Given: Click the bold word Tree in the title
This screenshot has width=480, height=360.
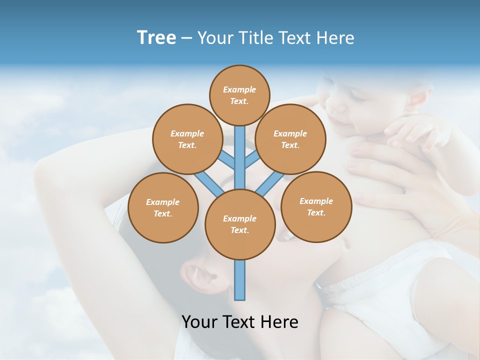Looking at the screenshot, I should point(156,38).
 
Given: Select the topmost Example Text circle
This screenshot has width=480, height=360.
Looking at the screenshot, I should point(239,95).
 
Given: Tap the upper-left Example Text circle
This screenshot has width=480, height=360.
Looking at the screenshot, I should point(187,139).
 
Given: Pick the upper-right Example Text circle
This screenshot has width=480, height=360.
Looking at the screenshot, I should point(290,139).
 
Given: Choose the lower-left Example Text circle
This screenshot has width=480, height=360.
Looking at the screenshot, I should point(163,207).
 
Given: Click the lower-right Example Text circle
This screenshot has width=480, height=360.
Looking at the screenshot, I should point(316,206).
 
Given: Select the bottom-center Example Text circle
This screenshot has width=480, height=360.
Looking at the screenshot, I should point(240,224).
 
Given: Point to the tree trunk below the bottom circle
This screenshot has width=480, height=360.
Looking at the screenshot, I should point(240,280).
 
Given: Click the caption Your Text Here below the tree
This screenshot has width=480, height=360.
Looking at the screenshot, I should point(240,322).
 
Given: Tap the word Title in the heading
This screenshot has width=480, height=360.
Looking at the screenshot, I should point(255,38).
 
